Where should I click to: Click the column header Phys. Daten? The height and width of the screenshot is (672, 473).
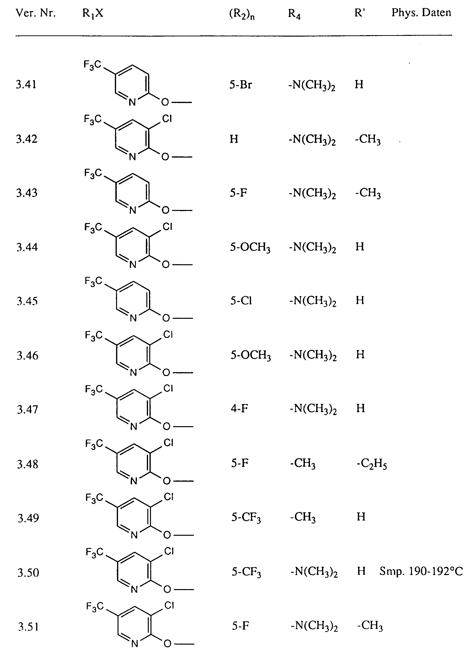coord(421,13)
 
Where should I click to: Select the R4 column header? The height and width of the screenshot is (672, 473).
coord(294,14)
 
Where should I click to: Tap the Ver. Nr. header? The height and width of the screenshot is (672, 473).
coord(35,13)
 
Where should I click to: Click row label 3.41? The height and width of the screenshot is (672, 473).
coord(26,85)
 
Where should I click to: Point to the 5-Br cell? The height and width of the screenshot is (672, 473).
coord(241,85)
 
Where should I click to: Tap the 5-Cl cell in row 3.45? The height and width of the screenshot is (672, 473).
coord(241,301)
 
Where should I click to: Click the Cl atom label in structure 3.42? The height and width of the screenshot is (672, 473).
coord(167,119)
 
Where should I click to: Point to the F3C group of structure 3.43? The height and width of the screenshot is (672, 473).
coord(93,173)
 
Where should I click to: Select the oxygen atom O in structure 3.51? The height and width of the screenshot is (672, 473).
coord(167,644)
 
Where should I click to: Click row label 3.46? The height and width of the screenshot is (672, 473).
coord(27,356)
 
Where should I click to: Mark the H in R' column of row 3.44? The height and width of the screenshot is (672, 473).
coord(360,247)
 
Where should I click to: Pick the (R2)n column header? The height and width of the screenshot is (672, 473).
coord(242,14)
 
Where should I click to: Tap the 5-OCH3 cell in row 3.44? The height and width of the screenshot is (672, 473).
coord(250,247)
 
